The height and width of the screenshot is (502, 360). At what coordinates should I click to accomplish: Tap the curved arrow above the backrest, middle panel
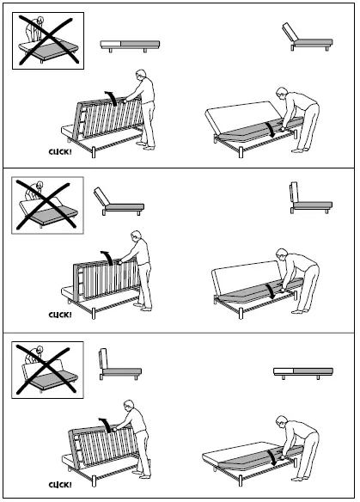coord(107,255)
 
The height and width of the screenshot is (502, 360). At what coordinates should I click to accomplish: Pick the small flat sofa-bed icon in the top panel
coord(126,46)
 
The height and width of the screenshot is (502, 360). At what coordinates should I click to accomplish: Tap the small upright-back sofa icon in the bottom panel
coord(119,364)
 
